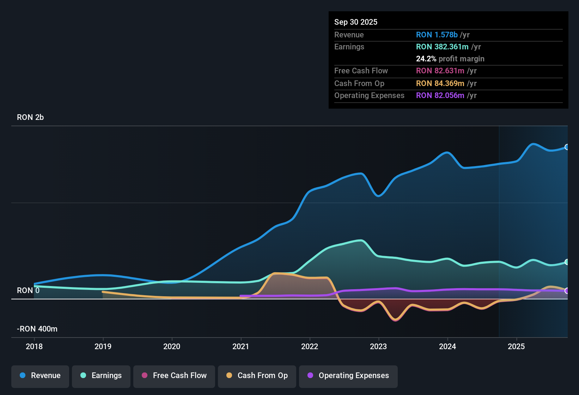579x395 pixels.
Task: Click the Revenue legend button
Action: tap(40, 376)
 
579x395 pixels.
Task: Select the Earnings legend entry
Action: tap(101, 376)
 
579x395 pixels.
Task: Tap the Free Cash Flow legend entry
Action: tap(174, 376)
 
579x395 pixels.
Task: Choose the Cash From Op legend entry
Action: tap(257, 376)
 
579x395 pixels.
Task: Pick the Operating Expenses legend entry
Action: tap(348, 376)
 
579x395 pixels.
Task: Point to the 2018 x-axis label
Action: tap(34, 347)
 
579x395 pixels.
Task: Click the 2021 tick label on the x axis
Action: tap(241, 347)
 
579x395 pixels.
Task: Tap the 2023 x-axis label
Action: tap(378, 347)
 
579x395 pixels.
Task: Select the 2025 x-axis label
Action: tap(516, 347)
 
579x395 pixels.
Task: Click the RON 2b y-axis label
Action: tap(30, 117)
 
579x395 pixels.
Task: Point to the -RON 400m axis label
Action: tap(37, 329)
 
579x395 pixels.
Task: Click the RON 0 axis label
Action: tap(28, 291)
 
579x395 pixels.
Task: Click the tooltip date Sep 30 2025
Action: tap(356, 22)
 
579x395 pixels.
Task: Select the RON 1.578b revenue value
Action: tap(437, 35)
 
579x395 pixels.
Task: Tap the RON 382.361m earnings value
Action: tap(442, 47)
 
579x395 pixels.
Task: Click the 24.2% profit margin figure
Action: tap(426, 59)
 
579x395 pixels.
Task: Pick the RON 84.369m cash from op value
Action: tap(440, 84)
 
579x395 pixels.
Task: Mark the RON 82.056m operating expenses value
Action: tap(440, 96)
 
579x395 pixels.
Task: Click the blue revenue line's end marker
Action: tap(567, 147)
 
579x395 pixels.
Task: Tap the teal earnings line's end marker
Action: tap(567, 262)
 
